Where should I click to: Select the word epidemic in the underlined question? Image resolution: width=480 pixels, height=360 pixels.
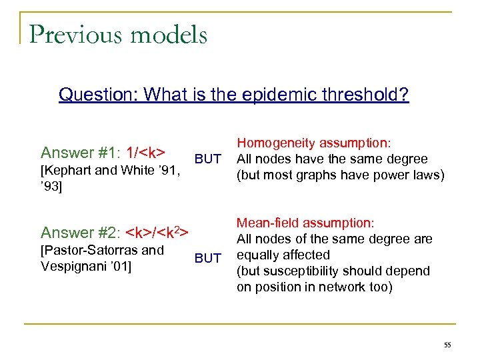click(287, 95)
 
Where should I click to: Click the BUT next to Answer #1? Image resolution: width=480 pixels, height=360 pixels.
click(207, 159)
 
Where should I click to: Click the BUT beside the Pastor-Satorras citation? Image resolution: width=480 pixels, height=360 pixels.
click(207, 258)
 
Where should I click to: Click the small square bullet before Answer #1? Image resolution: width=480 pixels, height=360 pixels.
click(31, 153)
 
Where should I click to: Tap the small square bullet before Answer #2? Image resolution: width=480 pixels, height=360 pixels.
click(31, 233)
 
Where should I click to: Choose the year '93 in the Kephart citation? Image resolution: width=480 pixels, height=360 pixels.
click(51, 186)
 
